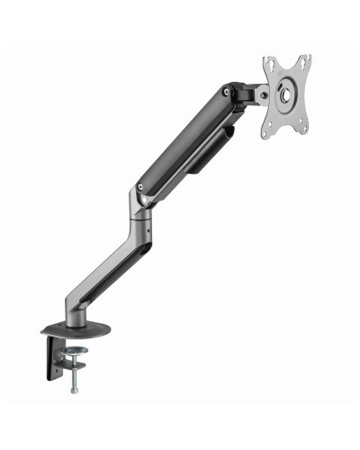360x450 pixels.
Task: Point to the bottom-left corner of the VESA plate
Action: coord(267,135)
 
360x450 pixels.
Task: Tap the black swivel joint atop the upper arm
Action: coord(241,92)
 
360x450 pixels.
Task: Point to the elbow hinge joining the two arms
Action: coord(141,191)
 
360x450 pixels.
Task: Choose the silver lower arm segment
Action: coord(117,261)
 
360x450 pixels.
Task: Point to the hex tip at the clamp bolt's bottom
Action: coord(74,391)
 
